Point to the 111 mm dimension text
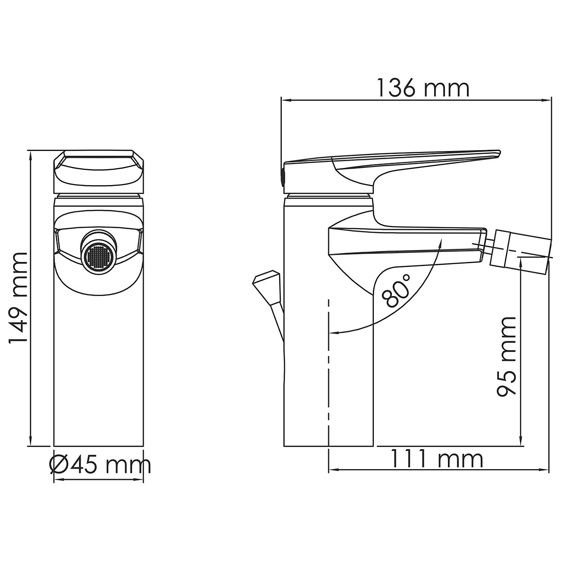tap(437, 459)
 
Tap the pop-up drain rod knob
tap(267, 286)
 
